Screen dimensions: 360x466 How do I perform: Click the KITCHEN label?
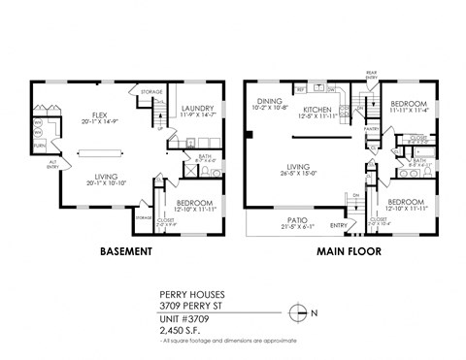click(318, 109)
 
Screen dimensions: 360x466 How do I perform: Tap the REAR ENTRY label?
click(370, 75)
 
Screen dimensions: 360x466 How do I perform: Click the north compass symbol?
click(300, 312)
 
